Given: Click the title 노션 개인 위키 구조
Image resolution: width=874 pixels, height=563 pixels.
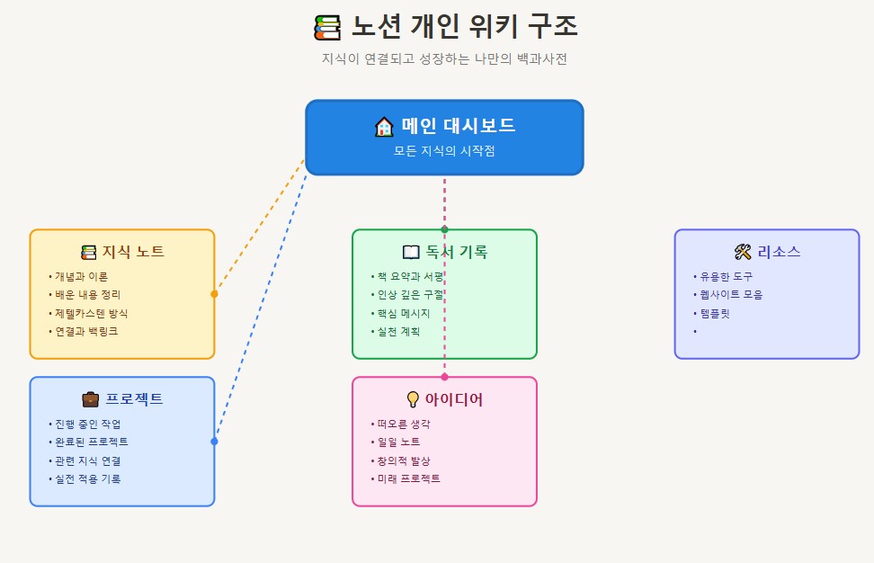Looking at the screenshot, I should tap(463, 27).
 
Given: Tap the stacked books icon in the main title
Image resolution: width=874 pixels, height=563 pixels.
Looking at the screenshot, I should tap(327, 28).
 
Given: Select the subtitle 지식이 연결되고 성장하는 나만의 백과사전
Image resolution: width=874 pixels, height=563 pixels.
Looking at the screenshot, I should tap(444, 58).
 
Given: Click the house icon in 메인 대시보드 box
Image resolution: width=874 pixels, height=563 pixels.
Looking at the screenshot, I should tap(384, 127).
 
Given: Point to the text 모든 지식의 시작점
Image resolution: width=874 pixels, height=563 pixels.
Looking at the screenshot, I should tap(444, 151).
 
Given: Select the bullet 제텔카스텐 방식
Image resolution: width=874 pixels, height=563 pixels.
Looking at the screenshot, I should tap(91, 313).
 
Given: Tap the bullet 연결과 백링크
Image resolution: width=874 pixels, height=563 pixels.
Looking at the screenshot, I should tap(85, 331).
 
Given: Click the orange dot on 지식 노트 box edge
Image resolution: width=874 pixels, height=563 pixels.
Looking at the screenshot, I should tap(214, 294).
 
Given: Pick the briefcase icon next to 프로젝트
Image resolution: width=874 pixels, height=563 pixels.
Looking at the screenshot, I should tap(91, 399).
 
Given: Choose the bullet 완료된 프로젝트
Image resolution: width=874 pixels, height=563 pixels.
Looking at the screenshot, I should tap(91, 442).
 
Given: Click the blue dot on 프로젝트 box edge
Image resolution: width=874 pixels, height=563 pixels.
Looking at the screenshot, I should tap(214, 442).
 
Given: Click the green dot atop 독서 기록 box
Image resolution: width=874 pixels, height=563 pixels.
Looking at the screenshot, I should tap(444, 229).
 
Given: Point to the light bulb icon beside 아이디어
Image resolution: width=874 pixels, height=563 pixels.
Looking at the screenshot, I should tap(413, 399).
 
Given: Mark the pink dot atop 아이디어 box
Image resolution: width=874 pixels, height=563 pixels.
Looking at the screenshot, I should tap(444, 377).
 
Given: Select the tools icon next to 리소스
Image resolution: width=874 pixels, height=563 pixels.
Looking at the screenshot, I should tap(743, 252).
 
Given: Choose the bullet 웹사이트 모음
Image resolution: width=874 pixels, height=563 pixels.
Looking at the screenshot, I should tap(731, 294).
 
